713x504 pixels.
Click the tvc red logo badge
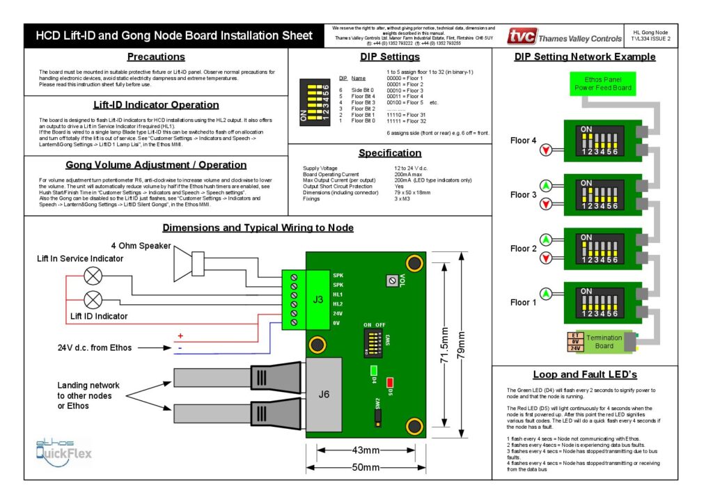coord(522,37)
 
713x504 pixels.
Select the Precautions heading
coord(155,57)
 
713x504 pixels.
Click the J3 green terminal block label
coord(318,299)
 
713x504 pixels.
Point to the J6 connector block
coord(324,396)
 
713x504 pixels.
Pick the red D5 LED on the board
coord(390,382)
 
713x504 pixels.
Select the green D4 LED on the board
coord(374,370)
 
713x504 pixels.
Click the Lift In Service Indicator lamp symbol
coord(93,275)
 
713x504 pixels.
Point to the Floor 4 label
coord(524,141)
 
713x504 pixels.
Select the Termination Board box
coord(602,342)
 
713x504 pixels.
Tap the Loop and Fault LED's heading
coord(584,375)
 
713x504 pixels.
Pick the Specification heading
coord(389,153)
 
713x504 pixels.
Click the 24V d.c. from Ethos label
coord(95,347)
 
